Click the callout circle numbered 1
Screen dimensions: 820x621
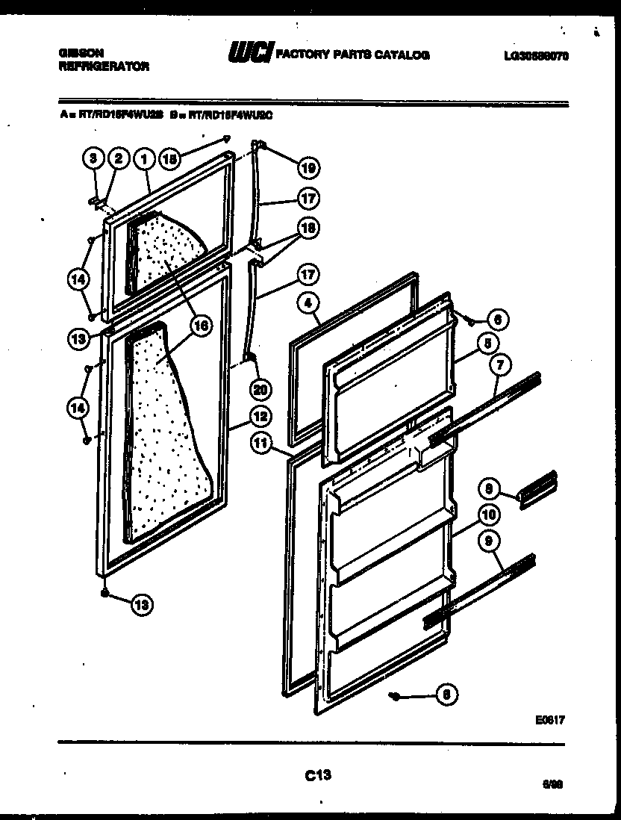(x=144, y=158)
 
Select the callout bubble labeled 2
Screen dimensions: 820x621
(x=118, y=158)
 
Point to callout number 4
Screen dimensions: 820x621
(x=308, y=302)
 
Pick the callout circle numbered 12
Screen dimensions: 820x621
(x=260, y=417)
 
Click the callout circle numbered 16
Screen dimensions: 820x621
(x=199, y=326)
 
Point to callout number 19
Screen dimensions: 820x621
(x=308, y=169)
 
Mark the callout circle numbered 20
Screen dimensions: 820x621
(x=260, y=388)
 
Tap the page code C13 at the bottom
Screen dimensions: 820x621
(x=318, y=775)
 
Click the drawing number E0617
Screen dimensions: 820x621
(x=549, y=721)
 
